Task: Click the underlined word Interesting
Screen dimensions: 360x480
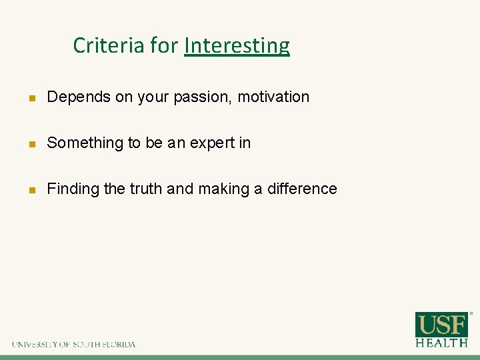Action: click(237, 45)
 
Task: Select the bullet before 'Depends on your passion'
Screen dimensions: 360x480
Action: click(31, 97)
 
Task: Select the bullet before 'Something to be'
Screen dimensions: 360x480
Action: click(31, 143)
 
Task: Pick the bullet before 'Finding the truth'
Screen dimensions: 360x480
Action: click(31, 189)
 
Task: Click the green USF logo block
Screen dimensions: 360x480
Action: click(441, 325)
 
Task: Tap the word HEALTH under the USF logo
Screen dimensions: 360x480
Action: click(441, 343)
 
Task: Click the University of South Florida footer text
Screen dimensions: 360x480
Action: click(73, 345)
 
